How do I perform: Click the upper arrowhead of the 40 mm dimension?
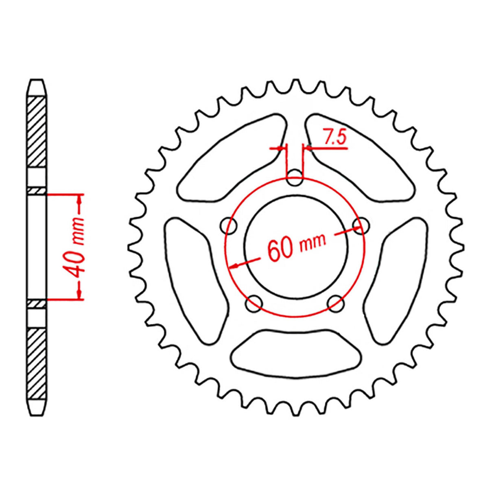[x=79, y=199]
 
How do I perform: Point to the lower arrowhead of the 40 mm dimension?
[x=79, y=295]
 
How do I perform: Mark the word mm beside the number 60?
[x=313, y=243]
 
